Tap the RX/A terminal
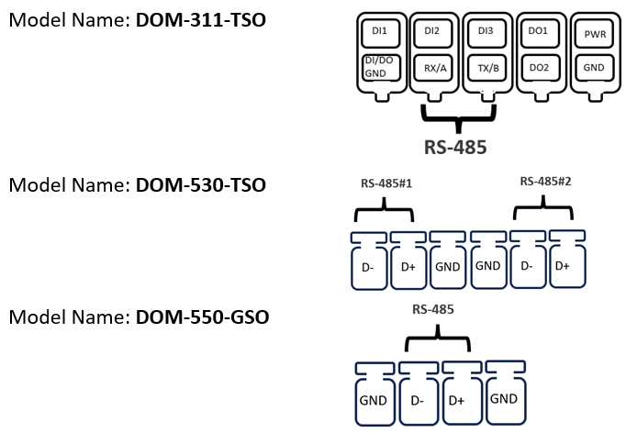pyautogui.click(x=430, y=67)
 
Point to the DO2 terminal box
pyautogui.click(x=539, y=67)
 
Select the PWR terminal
pyautogui.click(x=594, y=35)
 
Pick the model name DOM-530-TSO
pyautogui.click(x=201, y=185)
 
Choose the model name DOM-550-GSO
pyautogui.click(x=201, y=318)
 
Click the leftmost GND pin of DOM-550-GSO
pyautogui.click(x=373, y=400)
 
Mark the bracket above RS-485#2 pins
pyautogui.click(x=544, y=209)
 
